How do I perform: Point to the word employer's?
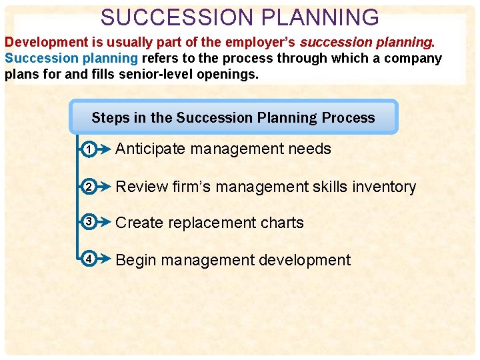(x=262, y=42)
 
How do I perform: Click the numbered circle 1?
(x=89, y=150)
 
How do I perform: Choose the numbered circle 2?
(x=89, y=187)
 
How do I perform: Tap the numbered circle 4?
(x=89, y=260)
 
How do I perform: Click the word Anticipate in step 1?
(x=151, y=149)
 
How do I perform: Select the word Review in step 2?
(x=138, y=187)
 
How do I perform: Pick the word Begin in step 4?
(x=135, y=260)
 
